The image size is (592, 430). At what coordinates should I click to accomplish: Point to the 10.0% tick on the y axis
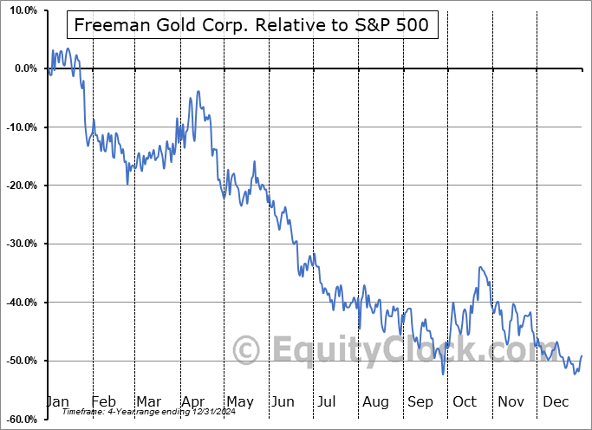coord(20,10)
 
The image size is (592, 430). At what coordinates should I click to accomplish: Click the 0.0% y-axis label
coord(23,68)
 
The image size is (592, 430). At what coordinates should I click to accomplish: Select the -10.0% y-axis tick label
coord(20,127)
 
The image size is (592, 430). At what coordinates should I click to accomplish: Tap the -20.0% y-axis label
coord(20,186)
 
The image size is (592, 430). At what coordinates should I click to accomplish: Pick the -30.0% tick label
coord(20,244)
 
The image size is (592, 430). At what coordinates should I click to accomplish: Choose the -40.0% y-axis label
coord(20,303)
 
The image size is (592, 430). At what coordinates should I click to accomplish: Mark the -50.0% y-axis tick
coord(20,361)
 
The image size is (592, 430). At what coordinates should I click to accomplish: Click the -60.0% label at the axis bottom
coord(20,419)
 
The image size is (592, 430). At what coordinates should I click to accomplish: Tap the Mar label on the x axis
coord(148,401)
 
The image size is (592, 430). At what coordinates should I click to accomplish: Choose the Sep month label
coord(420,401)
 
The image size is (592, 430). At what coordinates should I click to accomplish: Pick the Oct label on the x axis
coord(465,401)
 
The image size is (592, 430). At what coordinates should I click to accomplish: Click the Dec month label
coord(556,401)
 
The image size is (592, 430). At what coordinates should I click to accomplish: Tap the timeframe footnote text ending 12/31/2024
coord(140,414)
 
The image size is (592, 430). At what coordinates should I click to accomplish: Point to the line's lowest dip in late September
coord(443,375)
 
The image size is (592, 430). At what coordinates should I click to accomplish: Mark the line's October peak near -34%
coord(479,268)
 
